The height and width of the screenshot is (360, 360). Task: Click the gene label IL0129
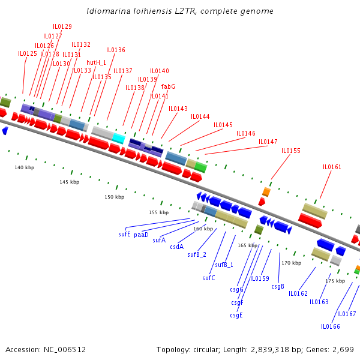62,26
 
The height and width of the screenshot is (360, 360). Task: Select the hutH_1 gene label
96,62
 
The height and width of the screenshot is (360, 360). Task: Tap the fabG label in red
168,86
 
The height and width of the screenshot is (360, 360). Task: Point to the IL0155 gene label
291,151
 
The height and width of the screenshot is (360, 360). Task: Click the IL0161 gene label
332,167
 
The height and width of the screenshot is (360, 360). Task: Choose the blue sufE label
124,234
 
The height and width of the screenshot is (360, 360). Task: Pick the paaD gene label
141,235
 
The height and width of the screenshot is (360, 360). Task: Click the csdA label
176,247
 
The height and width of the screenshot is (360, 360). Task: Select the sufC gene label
209,278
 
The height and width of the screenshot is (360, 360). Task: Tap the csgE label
236,315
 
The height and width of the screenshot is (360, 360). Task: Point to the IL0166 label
331,326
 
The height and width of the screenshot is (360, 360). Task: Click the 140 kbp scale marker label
25,167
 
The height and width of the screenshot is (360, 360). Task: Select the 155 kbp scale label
159,212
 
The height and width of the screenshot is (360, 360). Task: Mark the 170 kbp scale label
292,263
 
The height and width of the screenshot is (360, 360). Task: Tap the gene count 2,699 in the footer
343,349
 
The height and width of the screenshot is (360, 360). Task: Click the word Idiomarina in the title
106,11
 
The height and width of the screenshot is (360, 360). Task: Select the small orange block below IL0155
266,192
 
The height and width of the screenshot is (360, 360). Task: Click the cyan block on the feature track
118,139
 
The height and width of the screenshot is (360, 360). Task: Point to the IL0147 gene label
268,142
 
